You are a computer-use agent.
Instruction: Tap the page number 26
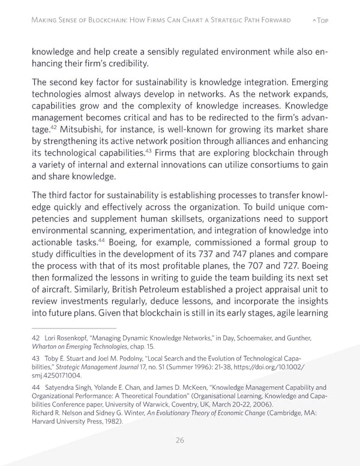click(179, 440)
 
